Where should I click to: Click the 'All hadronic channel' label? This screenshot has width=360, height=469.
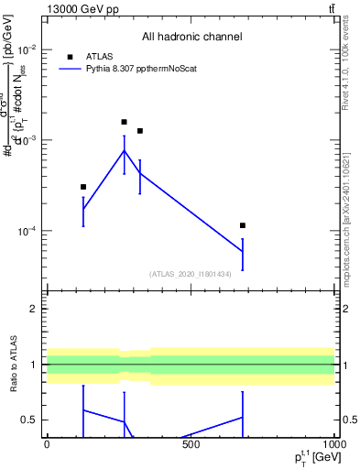(191, 37)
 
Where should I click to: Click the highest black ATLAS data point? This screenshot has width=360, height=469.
(125, 122)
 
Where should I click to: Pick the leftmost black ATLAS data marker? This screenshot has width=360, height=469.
(83, 187)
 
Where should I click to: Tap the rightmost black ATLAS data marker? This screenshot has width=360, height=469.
(243, 225)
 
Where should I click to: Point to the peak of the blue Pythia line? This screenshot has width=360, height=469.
(125, 150)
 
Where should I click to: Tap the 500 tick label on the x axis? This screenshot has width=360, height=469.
(191, 445)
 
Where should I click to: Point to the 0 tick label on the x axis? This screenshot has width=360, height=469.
(47, 445)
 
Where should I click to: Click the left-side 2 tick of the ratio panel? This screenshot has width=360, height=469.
(33, 309)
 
